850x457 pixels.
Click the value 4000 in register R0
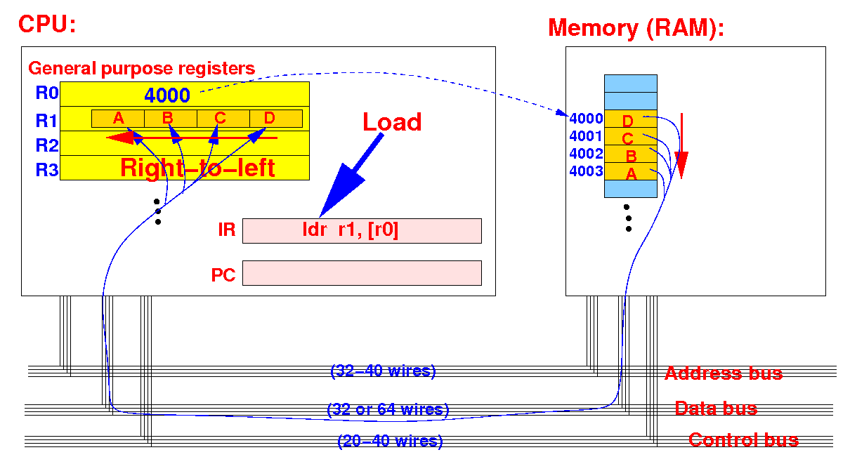coord(167,95)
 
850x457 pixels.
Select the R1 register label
coord(46,121)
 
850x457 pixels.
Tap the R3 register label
coord(46,169)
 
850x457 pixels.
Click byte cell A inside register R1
coord(118,119)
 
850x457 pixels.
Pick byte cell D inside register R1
coord(276,119)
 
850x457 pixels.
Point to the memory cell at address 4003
coord(631,171)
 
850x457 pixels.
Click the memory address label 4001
coord(586,135)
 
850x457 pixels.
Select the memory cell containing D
coord(631,119)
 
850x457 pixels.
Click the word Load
coord(392,121)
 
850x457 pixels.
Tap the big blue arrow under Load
coord(351,175)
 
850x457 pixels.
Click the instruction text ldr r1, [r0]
coord(351,230)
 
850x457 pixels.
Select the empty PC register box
coord(362,273)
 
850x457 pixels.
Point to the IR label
coord(226,230)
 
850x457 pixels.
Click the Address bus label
coord(724,373)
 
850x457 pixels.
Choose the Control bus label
coord(743,440)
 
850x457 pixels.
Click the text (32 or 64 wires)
coord(388,409)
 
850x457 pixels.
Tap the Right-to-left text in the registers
coord(197,168)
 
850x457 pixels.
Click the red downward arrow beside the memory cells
coord(681,146)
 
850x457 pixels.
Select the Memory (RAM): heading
coord(636,28)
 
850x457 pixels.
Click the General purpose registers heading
coord(141,69)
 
